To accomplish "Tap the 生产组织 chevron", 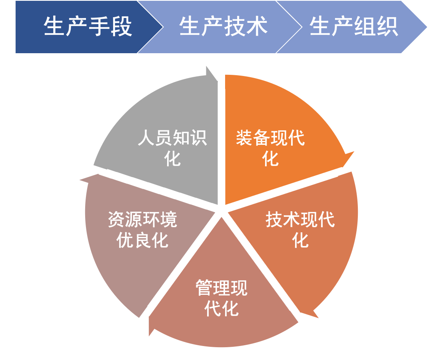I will (x=354, y=27).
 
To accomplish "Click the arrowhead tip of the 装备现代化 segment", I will (x=354, y=152).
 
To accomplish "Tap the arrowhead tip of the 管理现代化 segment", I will (x=149, y=335).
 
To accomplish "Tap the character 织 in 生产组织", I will (x=387, y=27).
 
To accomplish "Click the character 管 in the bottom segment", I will (x=204, y=288).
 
